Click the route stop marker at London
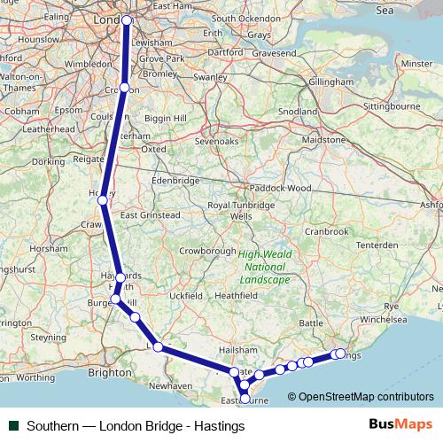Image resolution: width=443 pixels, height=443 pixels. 127,19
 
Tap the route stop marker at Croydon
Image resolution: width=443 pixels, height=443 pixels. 125,88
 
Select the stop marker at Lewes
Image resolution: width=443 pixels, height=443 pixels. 159,346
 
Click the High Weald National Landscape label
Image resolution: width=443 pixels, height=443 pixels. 263,267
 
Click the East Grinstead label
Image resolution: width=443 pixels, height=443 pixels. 150,214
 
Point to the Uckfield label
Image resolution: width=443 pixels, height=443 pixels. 186,295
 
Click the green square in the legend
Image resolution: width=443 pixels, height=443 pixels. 14,426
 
